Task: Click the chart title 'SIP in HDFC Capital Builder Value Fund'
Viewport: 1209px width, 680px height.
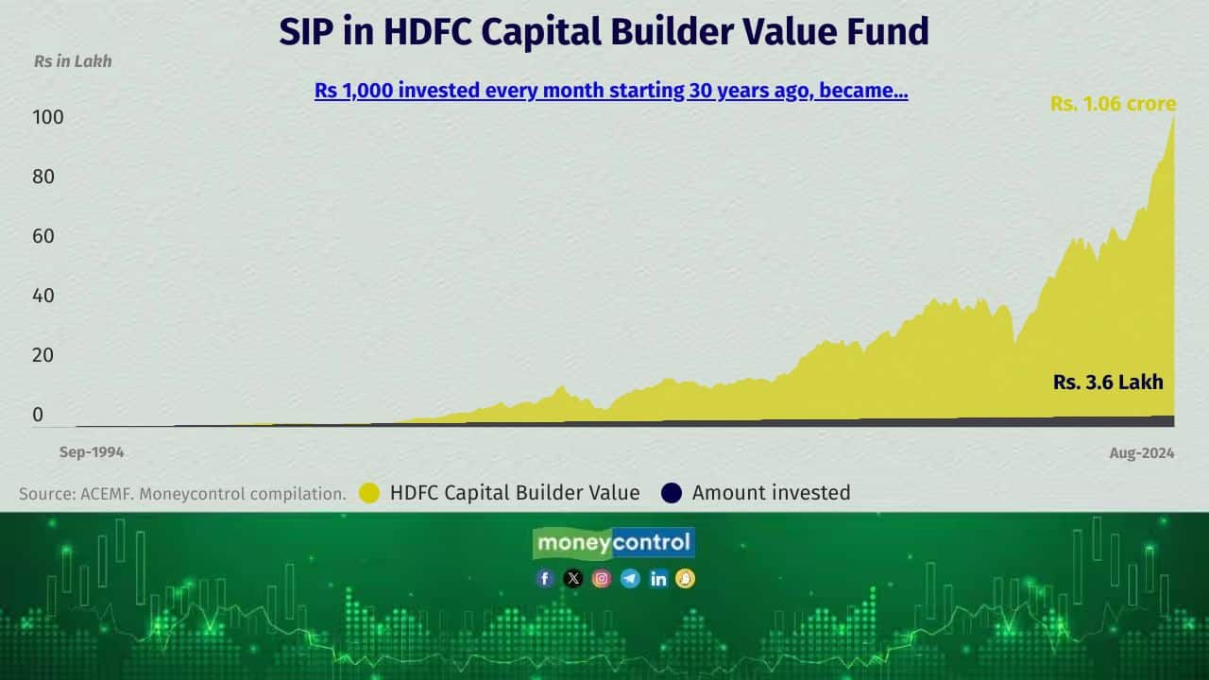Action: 604,32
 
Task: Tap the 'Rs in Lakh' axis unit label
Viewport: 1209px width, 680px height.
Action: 73,61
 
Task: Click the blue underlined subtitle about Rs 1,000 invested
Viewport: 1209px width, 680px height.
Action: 611,92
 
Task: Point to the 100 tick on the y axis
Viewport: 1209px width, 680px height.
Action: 48,118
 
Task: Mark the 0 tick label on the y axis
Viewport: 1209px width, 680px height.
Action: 38,415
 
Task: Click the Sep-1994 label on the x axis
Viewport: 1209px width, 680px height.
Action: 92,452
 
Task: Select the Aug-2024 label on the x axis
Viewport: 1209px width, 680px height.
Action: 1142,453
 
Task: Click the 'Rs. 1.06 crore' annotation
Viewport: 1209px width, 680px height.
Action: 1113,104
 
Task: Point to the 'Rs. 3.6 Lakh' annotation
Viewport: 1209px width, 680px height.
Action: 1108,382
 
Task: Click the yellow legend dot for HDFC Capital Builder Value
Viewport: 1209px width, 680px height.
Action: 369,493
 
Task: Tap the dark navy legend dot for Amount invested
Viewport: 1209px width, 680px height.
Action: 672,493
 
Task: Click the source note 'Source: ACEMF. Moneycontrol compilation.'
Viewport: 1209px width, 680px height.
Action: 182,493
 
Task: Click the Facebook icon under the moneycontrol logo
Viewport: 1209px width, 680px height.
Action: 545,579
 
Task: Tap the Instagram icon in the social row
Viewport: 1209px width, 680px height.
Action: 602,579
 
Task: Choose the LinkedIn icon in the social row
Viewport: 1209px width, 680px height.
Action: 658,579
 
